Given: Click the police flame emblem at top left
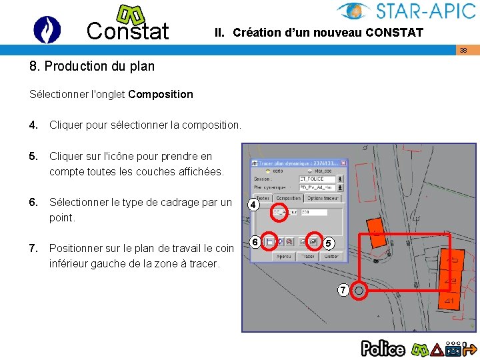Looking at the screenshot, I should pyautogui.click(x=47, y=29).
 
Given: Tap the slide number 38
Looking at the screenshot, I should pyautogui.click(x=463, y=50).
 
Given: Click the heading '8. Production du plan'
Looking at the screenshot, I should pyautogui.click(x=92, y=66).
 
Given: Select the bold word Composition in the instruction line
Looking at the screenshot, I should pyautogui.click(x=161, y=94).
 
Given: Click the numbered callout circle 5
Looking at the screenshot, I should pyautogui.click(x=328, y=245).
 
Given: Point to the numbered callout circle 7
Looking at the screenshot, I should pyautogui.click(x=342, y=290).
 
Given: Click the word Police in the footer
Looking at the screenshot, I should pyautogui.click(x=383, y=348).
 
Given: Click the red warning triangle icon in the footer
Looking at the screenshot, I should pyautogui.click(x=437, y=349).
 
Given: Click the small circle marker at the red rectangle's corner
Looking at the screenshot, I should pyautogui.click(x=359, y=290).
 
